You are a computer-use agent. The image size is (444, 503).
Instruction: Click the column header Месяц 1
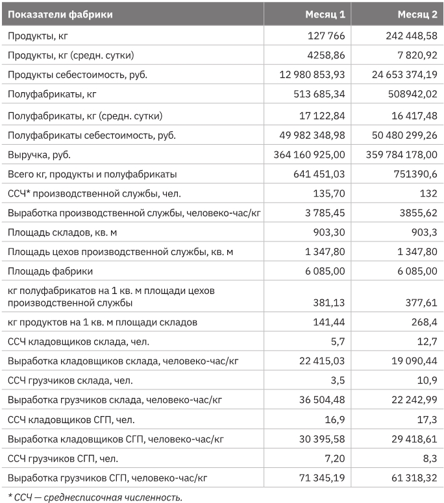pyautogui.click(x=327, y=14)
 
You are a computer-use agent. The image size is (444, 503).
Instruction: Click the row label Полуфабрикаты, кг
pyautogui.click(x=52, y=95)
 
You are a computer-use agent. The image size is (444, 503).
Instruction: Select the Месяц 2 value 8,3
pyautogui.click(x=429, y=458)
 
